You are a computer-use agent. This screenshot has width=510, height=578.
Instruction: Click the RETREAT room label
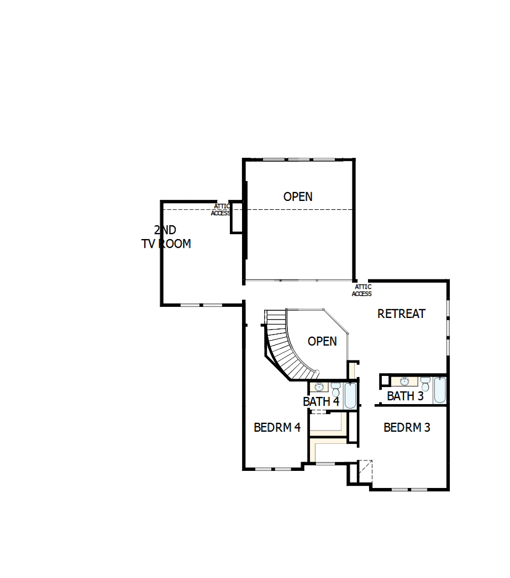tap(401, 314)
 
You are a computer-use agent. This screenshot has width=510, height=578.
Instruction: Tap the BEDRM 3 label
tap(407, 427)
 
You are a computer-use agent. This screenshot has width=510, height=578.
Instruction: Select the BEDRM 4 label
tap(277, 427)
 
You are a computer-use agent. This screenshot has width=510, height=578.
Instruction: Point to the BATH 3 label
tap(405, 396)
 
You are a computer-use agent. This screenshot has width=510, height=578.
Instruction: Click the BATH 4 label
tap(321, 401)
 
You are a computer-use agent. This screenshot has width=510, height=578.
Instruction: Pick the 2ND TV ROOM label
tap(166, 237)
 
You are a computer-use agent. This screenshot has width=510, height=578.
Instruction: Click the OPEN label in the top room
tap(298, 197)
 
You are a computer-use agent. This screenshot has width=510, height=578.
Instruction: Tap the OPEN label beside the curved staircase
tap(322, 341)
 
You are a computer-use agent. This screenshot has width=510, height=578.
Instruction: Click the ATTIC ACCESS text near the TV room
tap(221, 210)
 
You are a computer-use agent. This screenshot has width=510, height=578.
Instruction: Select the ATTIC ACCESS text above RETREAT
tap(362, 290)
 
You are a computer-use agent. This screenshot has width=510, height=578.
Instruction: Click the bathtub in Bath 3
tap(439, 390)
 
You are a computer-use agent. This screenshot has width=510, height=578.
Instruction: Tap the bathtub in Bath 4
tap(350, 396)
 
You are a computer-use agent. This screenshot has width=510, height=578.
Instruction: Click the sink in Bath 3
tap(404, 381)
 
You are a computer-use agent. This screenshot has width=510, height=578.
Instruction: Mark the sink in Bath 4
tap(319, 387)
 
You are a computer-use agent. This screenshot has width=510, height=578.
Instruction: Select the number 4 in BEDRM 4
tap(297, 427)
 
